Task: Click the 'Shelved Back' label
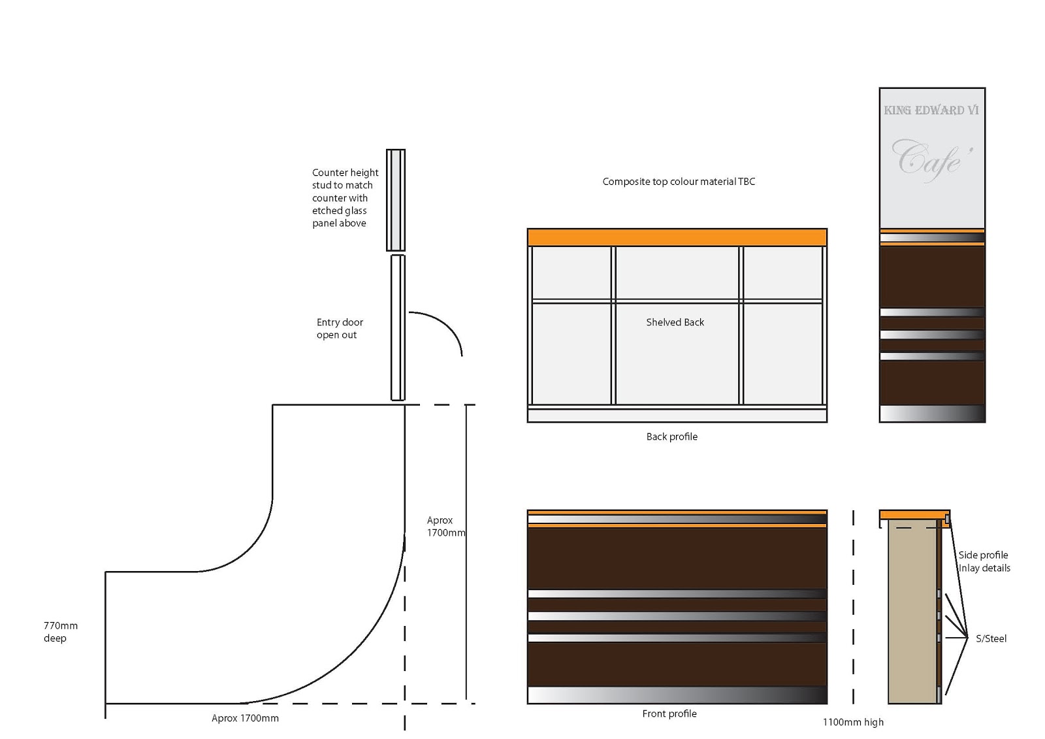click(675, 322)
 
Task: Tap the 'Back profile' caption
click(671, 436)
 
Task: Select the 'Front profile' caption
click(669, 714)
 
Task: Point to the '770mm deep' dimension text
click(60, 632)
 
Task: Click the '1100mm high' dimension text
click(853, 722)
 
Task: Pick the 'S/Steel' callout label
click(991, 638)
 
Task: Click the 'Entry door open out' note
click(340, 329)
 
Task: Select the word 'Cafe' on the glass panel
click(931, 159)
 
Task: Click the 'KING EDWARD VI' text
click(931, 110)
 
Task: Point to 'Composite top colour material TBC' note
click(679, 182)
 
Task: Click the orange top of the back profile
click(677, 237)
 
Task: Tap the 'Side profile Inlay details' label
click(984, 561)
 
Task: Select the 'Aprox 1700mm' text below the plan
click(245, 718)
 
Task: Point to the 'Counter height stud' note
click(344, 197)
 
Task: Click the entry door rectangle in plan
click(398, 327)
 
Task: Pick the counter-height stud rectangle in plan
click(396, 200)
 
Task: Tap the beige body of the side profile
click(912, 614)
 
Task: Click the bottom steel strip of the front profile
click(677, 695)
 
